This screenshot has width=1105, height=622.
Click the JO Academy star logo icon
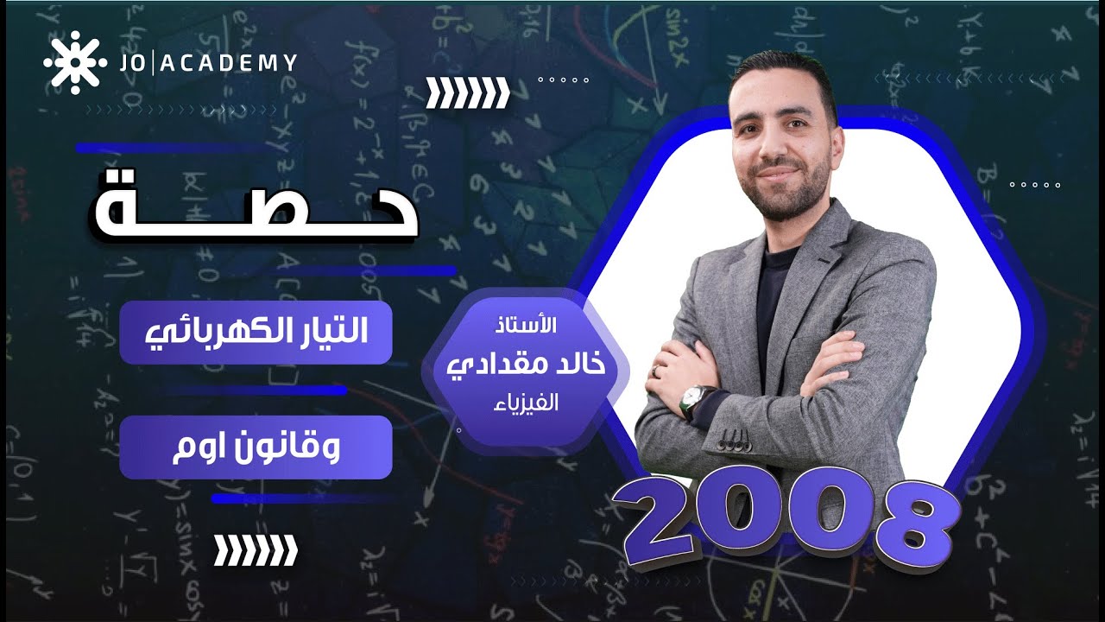74,61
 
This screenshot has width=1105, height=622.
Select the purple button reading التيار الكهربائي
256,333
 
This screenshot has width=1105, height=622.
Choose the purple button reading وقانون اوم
256,447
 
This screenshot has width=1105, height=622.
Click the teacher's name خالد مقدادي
527,363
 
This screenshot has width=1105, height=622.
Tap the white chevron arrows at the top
469,92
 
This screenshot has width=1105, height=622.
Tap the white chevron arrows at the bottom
256,549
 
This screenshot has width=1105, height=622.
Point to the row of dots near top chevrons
563,79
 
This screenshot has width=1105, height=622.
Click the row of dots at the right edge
1034,185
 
